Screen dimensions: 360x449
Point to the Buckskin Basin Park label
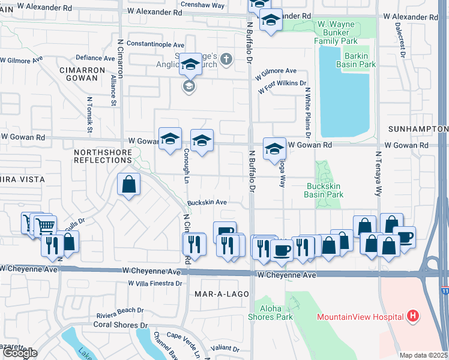pos(324,190)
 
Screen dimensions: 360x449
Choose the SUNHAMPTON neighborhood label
pos(418,129)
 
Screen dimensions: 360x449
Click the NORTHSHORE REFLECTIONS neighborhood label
pos(102,157)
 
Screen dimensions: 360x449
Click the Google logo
pos(19,353)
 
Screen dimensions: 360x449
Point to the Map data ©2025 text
pos(424,355)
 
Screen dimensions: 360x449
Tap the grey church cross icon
pos(226,59)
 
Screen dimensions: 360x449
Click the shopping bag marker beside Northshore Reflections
pos(129,185)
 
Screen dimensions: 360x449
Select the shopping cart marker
pos(44,227)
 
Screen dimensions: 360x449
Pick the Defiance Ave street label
pos(95,58)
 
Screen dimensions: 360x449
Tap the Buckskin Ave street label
pos(206,203)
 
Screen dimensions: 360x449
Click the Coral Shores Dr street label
pos(120,325)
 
